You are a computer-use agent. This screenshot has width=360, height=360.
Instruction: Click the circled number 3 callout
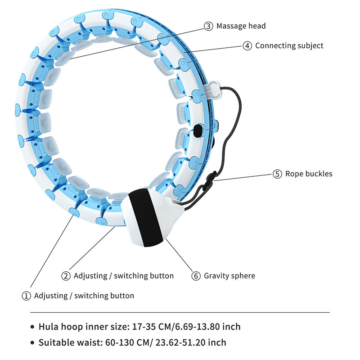point(208,26)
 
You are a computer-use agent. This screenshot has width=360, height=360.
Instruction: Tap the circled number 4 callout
point(247,45)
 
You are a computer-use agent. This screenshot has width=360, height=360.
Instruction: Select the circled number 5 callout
point(277,174)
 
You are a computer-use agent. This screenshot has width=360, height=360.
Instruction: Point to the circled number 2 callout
point(66,276)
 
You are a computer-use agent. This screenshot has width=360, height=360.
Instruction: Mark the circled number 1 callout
point(26,296)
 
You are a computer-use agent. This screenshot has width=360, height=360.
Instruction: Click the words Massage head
point(241,26)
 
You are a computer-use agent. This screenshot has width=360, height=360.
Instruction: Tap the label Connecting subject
point(289,45)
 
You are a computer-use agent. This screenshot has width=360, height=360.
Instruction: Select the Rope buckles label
point(309,174)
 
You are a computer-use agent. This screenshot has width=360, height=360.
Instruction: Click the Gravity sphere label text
point(230,276)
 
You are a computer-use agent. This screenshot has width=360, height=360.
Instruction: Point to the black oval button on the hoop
point(198,132)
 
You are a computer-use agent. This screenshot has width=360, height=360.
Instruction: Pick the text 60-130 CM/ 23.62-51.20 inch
point(172,343)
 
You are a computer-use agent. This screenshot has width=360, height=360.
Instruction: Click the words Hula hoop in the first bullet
point(59,327)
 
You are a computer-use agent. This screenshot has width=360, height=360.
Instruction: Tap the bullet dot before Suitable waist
point(32,343)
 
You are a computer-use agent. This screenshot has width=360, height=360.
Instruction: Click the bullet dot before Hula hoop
point(32,327)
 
